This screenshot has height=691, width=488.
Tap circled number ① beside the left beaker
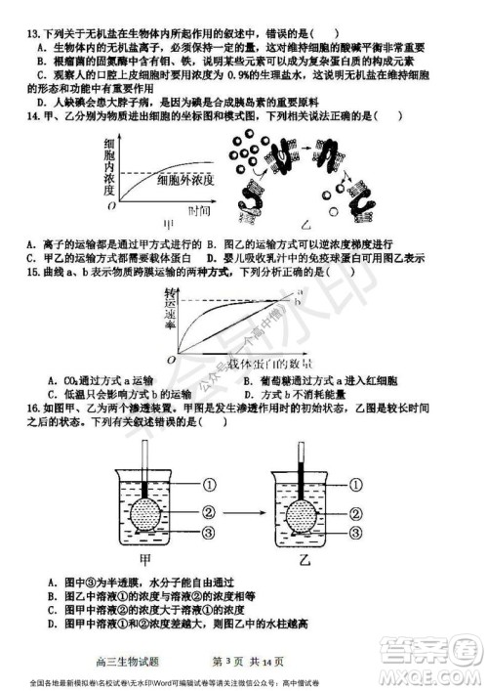tap(208, 484)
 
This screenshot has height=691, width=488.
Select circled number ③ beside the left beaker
tap(208, 532)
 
